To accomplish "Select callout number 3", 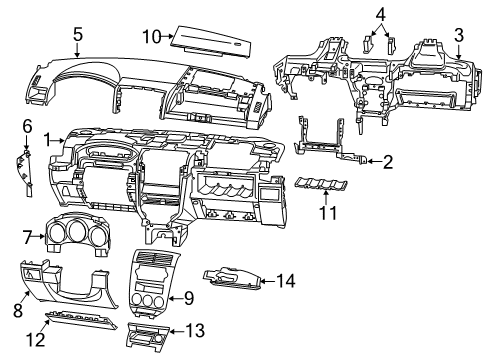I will [x=459, y=36].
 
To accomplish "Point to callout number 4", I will [x=381, y=13].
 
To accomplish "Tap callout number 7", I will [x=27, y=236].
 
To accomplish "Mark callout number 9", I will [x=187, y=298].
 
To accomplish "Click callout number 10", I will [x=150, y=36].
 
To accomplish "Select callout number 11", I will [x=322, y=212].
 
